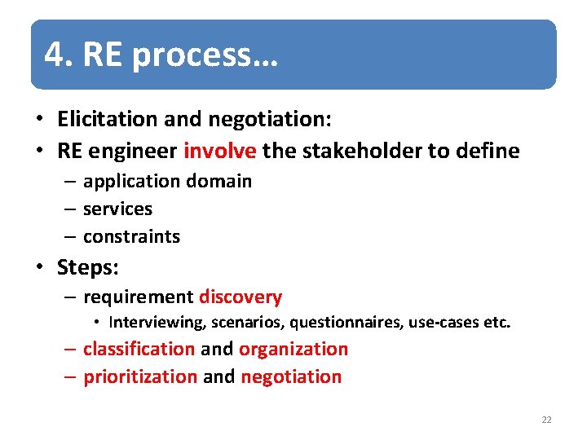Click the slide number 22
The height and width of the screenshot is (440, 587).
[x=546, y=420]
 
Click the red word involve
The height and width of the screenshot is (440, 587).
[x=220, y=151]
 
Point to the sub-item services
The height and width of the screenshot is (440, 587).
[x=117, y=209]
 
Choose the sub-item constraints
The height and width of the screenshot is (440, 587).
[x=131, y=236]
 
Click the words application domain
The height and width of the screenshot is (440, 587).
[x=167, y=181]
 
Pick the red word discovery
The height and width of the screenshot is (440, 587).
[x=241, y=297]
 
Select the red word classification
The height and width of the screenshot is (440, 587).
[x=139, y=349]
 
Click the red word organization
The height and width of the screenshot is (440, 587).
[x=293, y=349]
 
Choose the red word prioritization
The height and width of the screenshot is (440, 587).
[x=140, y=376]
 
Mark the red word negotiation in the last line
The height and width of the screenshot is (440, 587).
[x=291, y=376]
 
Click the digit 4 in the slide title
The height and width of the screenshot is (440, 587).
[x=54, y=55]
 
